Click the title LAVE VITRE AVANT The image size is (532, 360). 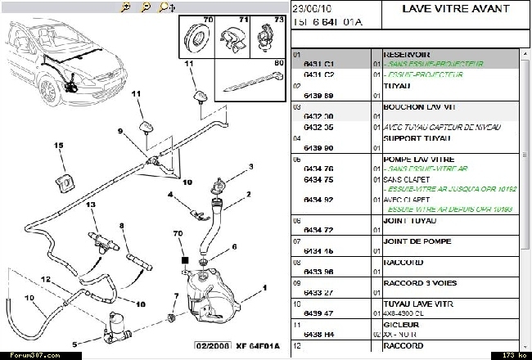[x=457, y=9]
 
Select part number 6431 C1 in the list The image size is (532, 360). [x=318, y=63]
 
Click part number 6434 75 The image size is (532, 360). [x=318, y=179]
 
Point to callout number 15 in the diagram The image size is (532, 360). [x=59, y=146]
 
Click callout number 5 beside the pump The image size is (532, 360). [x=74, y=344]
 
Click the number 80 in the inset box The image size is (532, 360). [x=279, y=62]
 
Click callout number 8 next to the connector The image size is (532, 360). [x=120, y=226]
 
